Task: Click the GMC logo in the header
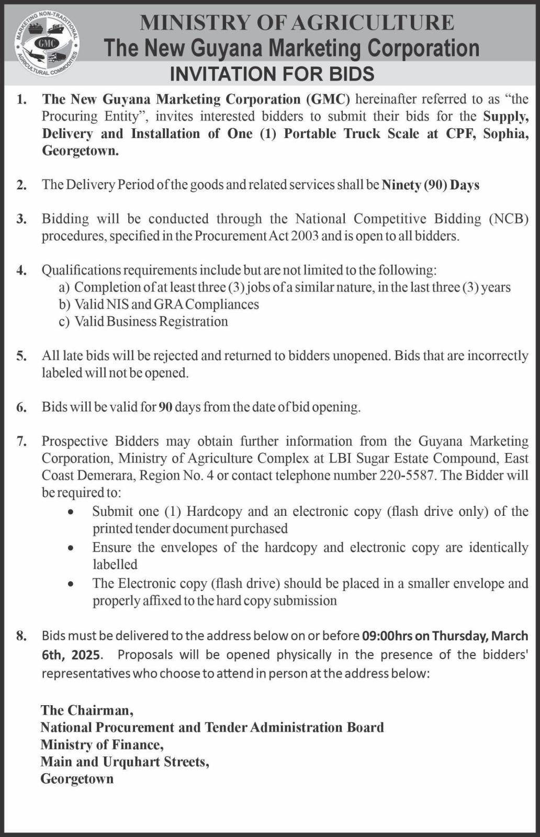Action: pos(47,43)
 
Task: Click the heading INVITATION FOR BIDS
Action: pos(272,74)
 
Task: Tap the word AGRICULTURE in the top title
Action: pos(373,22)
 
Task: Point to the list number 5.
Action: pos(21,356)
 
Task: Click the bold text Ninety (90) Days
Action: pos(430,185)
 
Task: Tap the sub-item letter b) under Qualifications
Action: pos(64,304)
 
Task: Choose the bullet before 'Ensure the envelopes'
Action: pos(71,548)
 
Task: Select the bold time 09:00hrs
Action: pos(387,636)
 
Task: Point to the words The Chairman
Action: pos(87,710)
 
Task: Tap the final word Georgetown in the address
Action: pos(77,779)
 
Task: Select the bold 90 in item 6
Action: pos(165,407)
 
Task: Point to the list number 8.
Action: pos(21,636)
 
